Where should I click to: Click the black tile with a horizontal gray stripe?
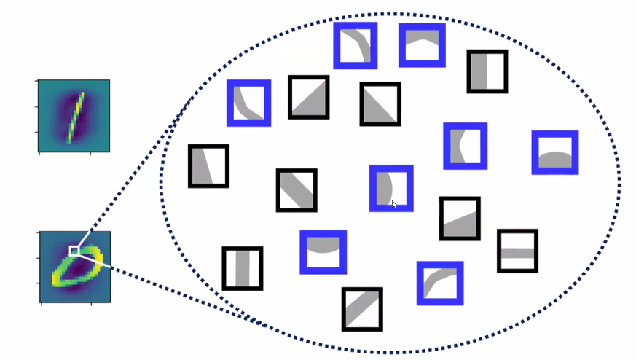coord(517,251)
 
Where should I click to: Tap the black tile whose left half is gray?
coord(487,71)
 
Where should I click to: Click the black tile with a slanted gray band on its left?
coord(208,166)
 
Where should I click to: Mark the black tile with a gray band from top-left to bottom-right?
coord(297,190)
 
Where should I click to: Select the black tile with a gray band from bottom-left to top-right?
coord(362,309)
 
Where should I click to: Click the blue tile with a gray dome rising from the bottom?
coord(555,152)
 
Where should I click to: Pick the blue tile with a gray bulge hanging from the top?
coord(323,252)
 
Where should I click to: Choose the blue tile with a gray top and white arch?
coord(422,45)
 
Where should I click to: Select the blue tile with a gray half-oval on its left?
coord(391,189)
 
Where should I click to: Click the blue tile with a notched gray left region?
coord(465,146)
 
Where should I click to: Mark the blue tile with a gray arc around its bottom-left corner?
coord(249,103)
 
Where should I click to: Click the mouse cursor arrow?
coord(394,205)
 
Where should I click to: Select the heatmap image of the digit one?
coord(74,116)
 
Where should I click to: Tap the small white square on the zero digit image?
coord(74,251)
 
